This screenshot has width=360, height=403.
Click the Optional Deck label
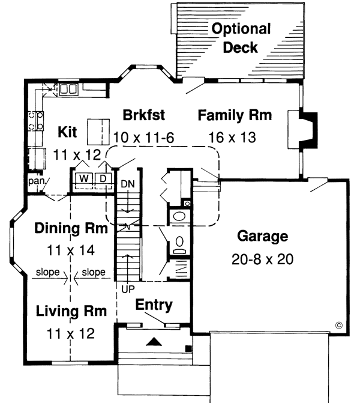(240, 38)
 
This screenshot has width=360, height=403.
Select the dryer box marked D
(103, 178)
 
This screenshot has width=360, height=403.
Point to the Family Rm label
(235, 115)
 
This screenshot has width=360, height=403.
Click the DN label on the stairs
(128, 184)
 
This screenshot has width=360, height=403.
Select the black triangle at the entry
(155, 342)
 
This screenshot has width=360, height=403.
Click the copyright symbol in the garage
(338, 325)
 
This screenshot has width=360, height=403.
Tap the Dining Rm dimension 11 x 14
(71, 249)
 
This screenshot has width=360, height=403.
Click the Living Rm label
(71, 311)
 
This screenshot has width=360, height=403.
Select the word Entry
(154, 305)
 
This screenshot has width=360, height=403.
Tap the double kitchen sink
(68, 89)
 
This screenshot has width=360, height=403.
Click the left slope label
(47, 272)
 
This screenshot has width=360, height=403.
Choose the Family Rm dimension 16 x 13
(232, 137)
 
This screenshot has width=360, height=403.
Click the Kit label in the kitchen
(68, 132)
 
